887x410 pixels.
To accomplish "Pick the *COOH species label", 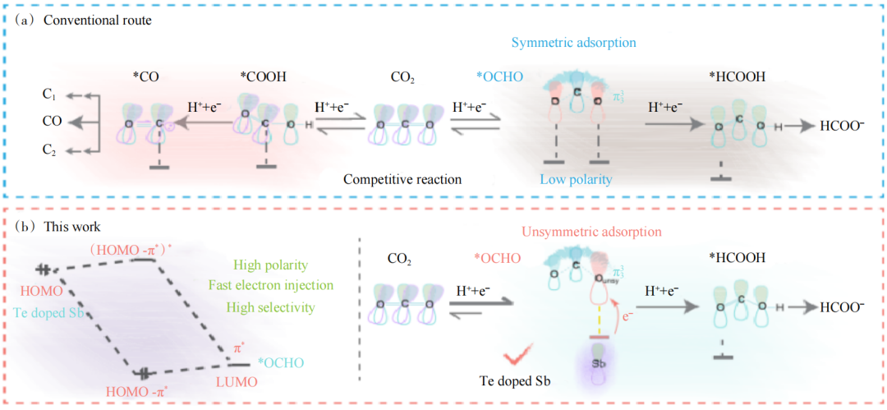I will point(264,77).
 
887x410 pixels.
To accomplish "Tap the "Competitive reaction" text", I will point(402,179).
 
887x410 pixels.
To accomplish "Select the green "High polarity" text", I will point(270,265).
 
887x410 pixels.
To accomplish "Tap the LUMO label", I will point(237,381).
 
